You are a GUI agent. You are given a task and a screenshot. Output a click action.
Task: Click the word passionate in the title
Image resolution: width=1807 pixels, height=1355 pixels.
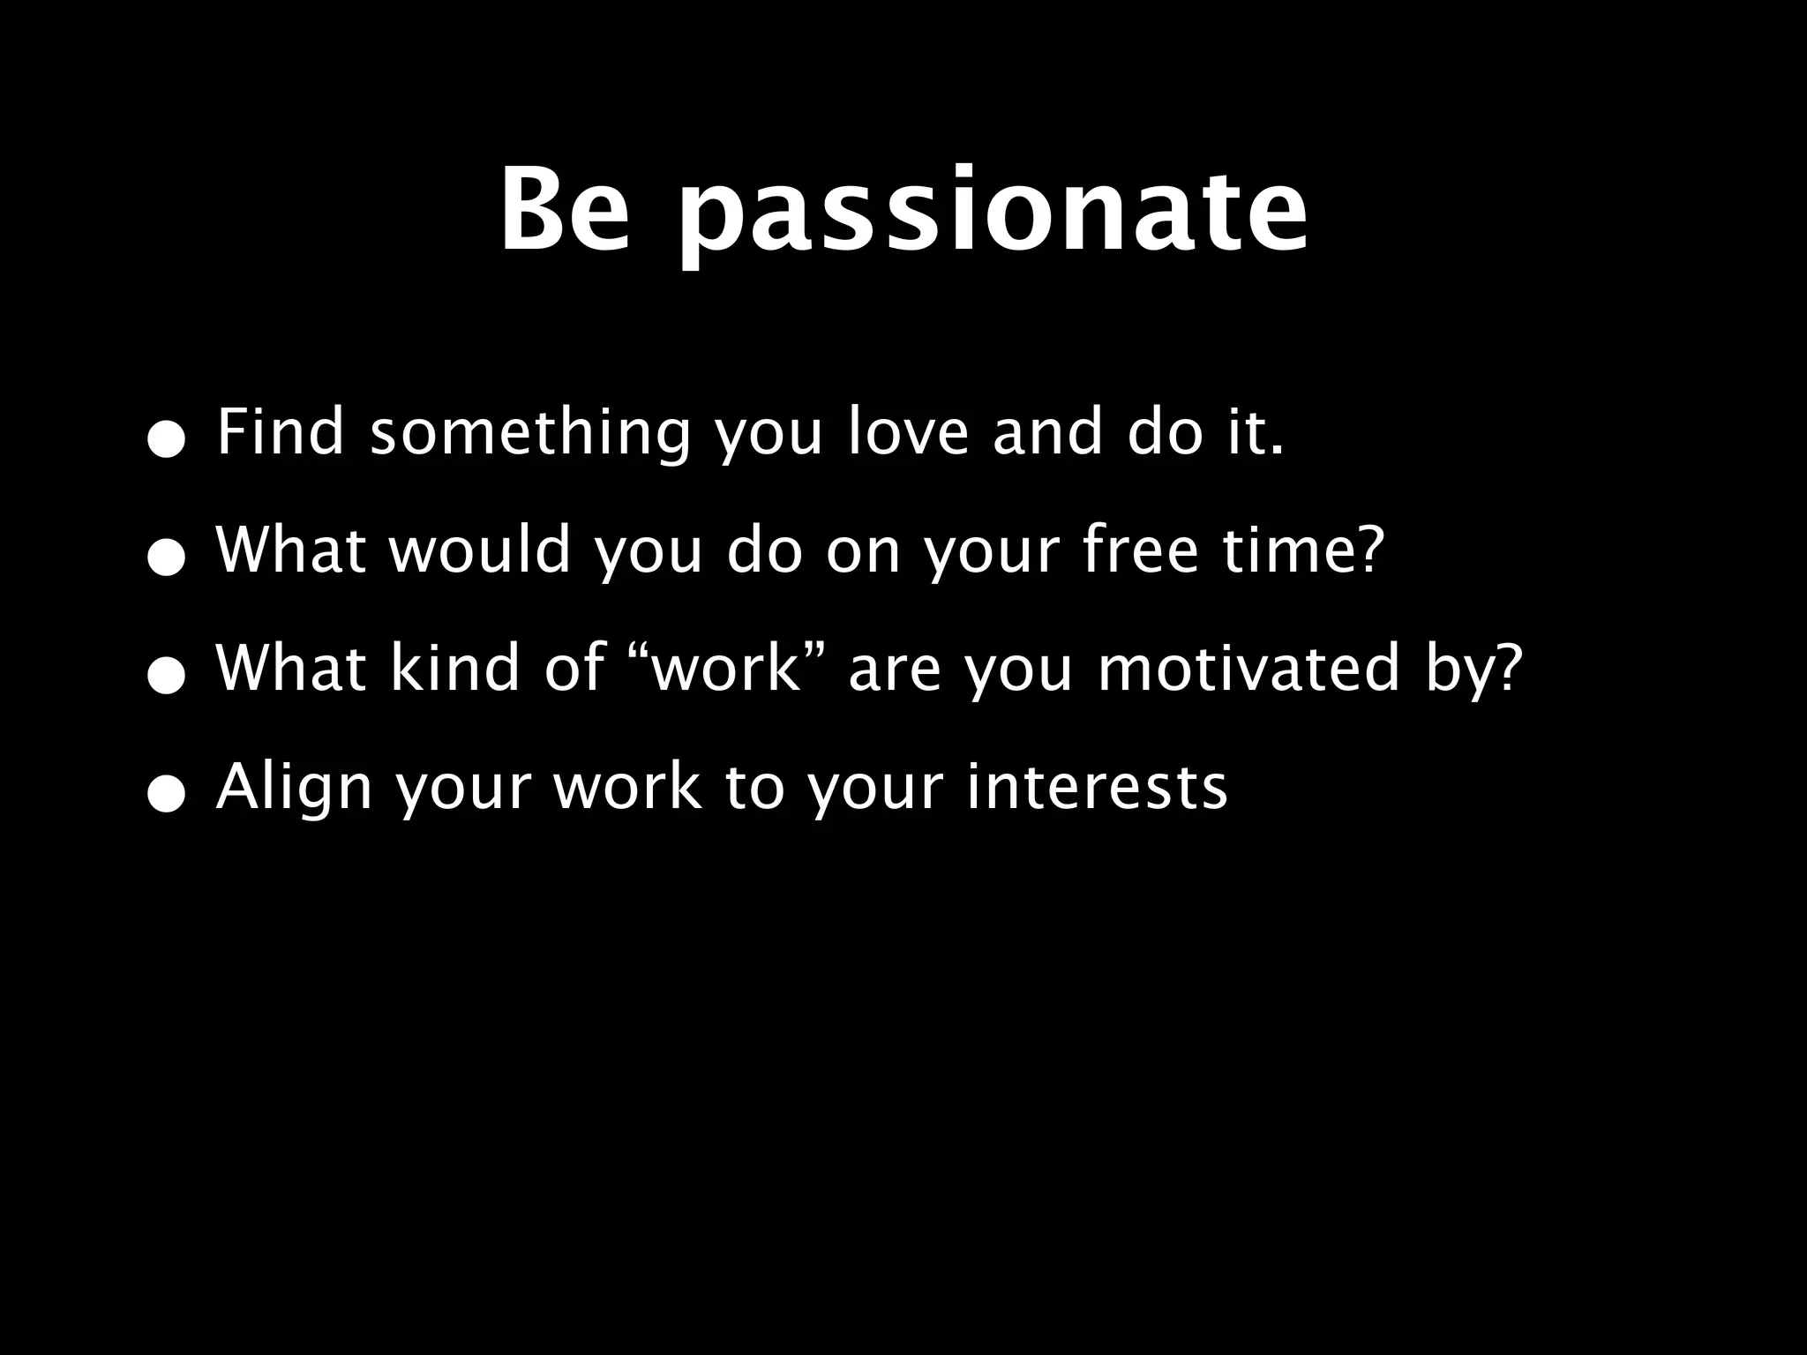993,216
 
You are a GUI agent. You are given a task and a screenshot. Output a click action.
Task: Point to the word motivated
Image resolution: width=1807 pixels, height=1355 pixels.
1249,668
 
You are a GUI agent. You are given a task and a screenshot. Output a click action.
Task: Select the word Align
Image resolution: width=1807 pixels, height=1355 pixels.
295,788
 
